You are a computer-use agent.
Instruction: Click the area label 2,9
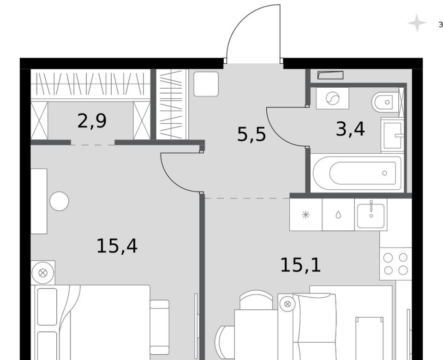pos(92,121)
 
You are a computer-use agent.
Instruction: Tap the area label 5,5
pos(251,134)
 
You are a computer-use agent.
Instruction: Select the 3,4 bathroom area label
pos(350,129)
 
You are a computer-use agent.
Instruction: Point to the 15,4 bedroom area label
pos(117,246)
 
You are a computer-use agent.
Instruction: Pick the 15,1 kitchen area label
pos(300,265)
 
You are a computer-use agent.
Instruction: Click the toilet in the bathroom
pos(385,102)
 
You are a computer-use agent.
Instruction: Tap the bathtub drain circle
pos(384,173)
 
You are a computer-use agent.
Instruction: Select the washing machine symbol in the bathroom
pos(332,98)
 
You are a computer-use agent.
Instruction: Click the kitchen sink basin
pos(371,216)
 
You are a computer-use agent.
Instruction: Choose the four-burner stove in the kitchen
pos(395,264)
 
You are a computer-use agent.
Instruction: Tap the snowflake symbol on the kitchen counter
pos(305,215)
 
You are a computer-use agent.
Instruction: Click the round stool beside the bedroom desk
pos(59,201)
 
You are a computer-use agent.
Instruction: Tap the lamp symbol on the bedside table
pos(42,273)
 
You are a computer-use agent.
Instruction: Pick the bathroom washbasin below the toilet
pos(392,136)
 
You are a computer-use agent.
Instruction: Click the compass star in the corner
pos(417,23)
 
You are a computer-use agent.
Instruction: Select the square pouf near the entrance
pos(206,84)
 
